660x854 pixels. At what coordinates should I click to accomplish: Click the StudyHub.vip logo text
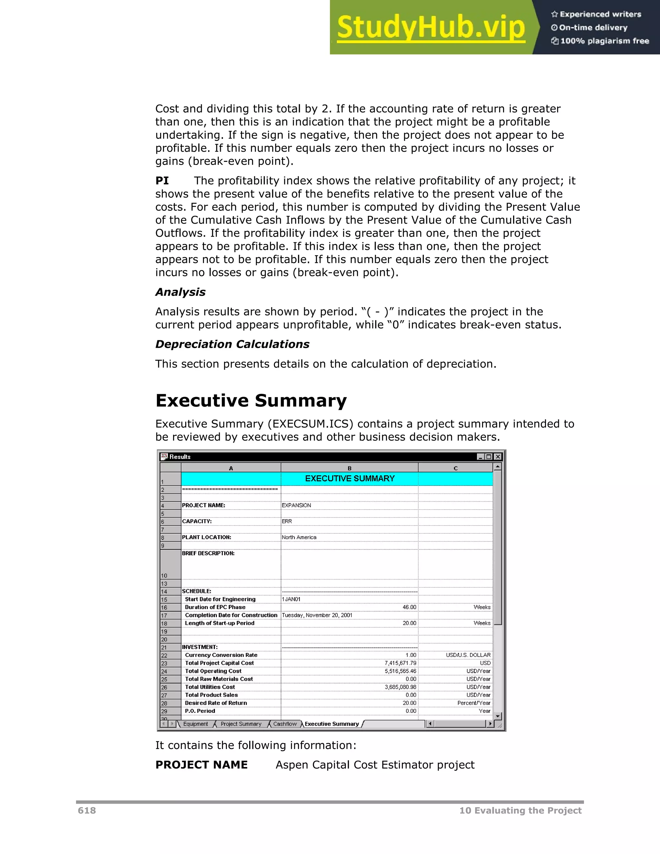click(x=431, y=27)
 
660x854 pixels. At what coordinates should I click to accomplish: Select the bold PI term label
click(x=162, y=181)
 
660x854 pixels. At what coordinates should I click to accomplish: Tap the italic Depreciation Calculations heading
click(x=232, y=344)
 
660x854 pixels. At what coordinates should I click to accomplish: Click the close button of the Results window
click(x=498, y=457)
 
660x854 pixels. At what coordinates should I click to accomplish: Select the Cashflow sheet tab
click(x=285, y=724)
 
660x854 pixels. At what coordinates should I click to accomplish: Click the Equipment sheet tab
click(x=196, y=724)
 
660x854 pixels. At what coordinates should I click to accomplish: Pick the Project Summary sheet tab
click(x=241, y=724)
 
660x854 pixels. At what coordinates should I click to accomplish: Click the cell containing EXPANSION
click(x=296, y=505)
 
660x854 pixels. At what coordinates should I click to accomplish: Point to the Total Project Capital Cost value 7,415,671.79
click(x=400, y=663)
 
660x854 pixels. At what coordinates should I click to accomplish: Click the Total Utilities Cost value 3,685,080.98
click(x=400, y=687)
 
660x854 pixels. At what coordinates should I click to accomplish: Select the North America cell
click(x=299, y=537)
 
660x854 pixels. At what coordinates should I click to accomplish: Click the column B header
click(x=349, y=468)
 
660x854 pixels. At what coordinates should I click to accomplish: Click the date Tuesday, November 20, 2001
click(x=317, y=615)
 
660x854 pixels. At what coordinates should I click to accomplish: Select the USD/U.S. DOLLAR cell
click(x=468, y=655)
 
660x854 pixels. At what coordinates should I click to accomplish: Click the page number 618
click(x=87, y=810)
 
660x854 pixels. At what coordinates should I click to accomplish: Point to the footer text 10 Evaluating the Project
click(x=520, y=810)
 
